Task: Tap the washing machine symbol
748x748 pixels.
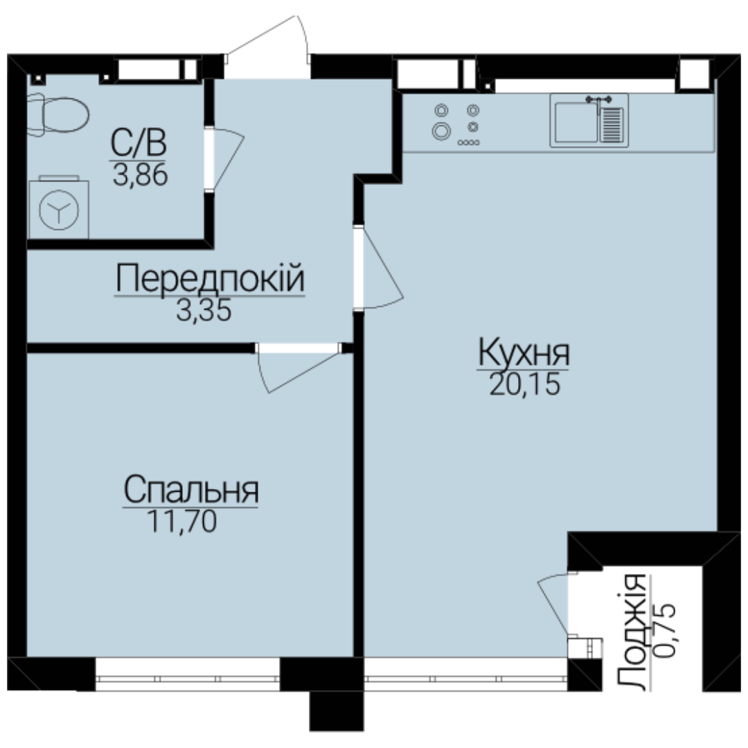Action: coord(59,208)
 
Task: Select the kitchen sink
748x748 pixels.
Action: coord(589,121)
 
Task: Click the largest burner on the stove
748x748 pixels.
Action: coord(441,131)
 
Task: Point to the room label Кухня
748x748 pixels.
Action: coord(524,353)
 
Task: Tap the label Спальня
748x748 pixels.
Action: coord(191,490)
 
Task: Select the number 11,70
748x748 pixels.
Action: coord(181,521)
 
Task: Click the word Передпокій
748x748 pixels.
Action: coord(210,278)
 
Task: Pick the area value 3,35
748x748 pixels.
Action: coord(204,310)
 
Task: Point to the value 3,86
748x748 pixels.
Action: coord(140,174)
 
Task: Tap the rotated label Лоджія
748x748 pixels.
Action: coord(631,632)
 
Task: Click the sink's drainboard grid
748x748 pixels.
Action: coord(612,125)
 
